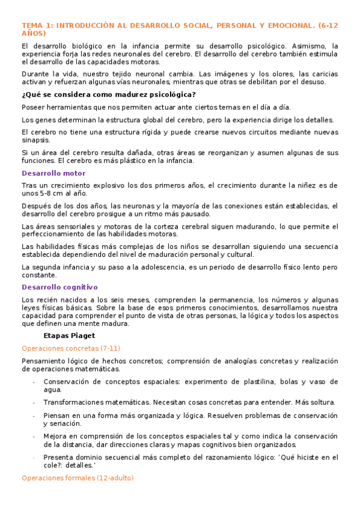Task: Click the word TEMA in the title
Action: pos(30,25)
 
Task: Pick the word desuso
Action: pos(312,82)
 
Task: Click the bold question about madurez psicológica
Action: pos(108,94)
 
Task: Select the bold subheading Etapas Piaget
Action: pos(70,335)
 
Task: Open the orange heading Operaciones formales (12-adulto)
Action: pos(77,478)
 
